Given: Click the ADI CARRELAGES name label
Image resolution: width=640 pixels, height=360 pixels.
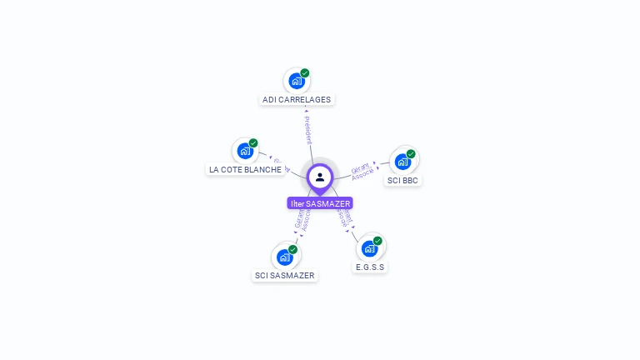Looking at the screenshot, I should (297, 100).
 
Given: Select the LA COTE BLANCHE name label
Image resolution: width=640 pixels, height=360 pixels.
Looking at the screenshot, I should (245, 170).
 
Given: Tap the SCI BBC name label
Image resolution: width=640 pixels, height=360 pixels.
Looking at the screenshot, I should (403, 180).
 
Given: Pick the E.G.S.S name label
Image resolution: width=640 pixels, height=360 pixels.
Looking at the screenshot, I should (370, 267).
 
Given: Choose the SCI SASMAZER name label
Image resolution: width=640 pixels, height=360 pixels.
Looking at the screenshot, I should (285, 275).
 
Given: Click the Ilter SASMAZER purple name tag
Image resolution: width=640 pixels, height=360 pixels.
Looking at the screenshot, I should (320, 203).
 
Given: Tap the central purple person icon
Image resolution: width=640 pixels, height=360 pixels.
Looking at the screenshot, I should (320, 177).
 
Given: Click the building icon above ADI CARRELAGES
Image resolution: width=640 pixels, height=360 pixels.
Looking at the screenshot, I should (295, 82).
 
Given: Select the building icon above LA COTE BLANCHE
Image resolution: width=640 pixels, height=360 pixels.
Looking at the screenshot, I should (244, 152).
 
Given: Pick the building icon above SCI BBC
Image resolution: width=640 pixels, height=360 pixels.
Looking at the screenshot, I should (402, 162).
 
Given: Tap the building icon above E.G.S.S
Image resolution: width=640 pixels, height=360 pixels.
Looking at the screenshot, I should (369, 248).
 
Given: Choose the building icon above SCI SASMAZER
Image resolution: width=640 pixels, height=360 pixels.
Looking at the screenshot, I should (284, 257).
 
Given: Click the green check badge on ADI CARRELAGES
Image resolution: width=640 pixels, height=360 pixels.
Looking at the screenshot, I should (305, 73).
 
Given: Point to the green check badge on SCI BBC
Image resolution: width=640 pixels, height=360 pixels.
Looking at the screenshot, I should (411, 153).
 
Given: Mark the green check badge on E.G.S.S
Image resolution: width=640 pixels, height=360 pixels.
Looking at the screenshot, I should (377, 241).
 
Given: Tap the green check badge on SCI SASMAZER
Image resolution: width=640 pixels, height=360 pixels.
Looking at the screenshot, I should (292, 249).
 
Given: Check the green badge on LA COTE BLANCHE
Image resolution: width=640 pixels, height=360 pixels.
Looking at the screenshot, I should (253, 143).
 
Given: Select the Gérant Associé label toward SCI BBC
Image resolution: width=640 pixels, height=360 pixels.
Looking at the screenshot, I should (362, 171).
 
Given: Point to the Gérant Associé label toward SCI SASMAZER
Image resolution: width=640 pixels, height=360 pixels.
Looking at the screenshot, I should (302, 218).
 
